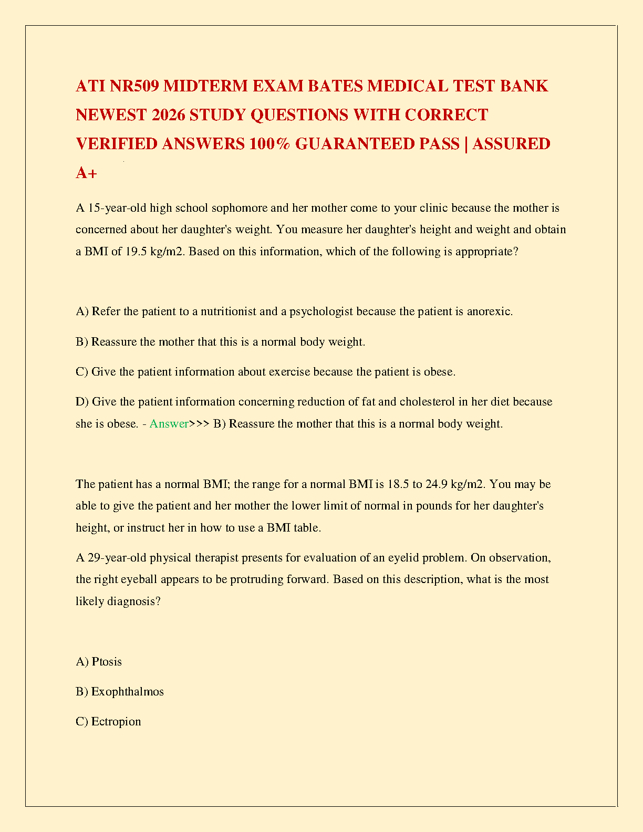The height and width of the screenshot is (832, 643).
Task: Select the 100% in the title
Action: (270, 143)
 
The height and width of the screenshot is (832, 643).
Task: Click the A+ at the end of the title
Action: (86, 172)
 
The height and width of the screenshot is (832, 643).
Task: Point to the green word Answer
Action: (169, 424)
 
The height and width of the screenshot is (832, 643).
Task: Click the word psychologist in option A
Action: (321, 311)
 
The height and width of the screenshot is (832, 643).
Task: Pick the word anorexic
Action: (490, 311)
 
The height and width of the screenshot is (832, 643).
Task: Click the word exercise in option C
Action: (289, 372)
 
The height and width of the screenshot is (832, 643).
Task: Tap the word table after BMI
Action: (307, 528)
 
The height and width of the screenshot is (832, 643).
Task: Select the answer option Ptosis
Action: (107, 662)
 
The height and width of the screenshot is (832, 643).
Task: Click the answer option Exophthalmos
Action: (128, 692)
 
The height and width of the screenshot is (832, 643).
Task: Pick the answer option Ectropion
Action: (116, 722)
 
